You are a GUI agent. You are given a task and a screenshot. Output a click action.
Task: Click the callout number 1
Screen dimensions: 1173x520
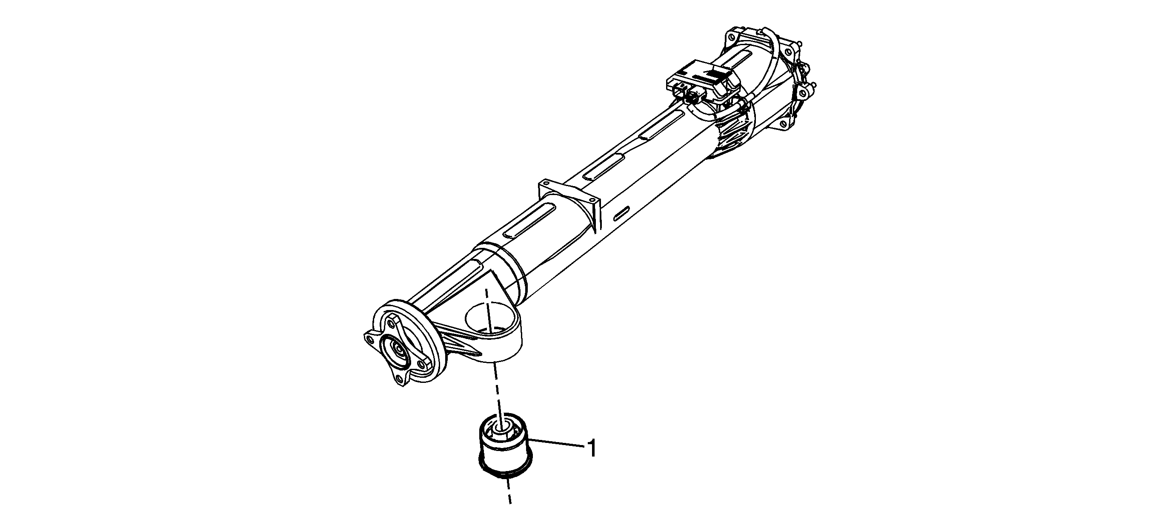[x=591, y=448]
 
